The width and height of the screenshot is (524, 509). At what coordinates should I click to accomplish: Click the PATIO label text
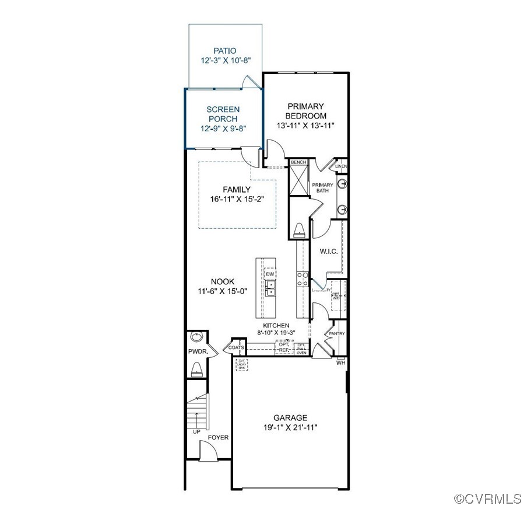click(x=224, y=51)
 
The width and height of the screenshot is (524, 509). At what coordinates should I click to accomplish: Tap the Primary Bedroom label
click(x=305, y=111)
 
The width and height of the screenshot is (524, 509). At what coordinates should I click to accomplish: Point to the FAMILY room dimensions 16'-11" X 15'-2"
click(x=237, y=199)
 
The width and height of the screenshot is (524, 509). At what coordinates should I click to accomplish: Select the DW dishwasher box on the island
click(x=270, y=274)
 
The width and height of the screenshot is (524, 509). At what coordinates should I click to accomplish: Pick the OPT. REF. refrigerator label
click(x=284, y=347)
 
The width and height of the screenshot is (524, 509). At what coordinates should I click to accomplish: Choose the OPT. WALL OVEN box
click(x=301, y=348)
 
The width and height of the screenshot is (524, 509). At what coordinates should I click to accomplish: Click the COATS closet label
click(x=236, y=347)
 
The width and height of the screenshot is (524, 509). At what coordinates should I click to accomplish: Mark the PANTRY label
click(x=337, y=334)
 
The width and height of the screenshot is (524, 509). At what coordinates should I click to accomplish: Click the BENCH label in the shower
click(x=298, y=162)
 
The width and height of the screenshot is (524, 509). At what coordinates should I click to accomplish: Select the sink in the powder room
click(x=196, y=337)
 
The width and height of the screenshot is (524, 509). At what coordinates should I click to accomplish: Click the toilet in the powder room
click(x=196, y=368)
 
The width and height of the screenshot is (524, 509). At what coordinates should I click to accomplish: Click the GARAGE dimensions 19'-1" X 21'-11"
click(x=291, y=428)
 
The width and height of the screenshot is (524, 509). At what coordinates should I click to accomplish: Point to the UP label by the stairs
click(x=196, y=432)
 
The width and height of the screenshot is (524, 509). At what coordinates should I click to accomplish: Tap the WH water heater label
click(x=340, y=362)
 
